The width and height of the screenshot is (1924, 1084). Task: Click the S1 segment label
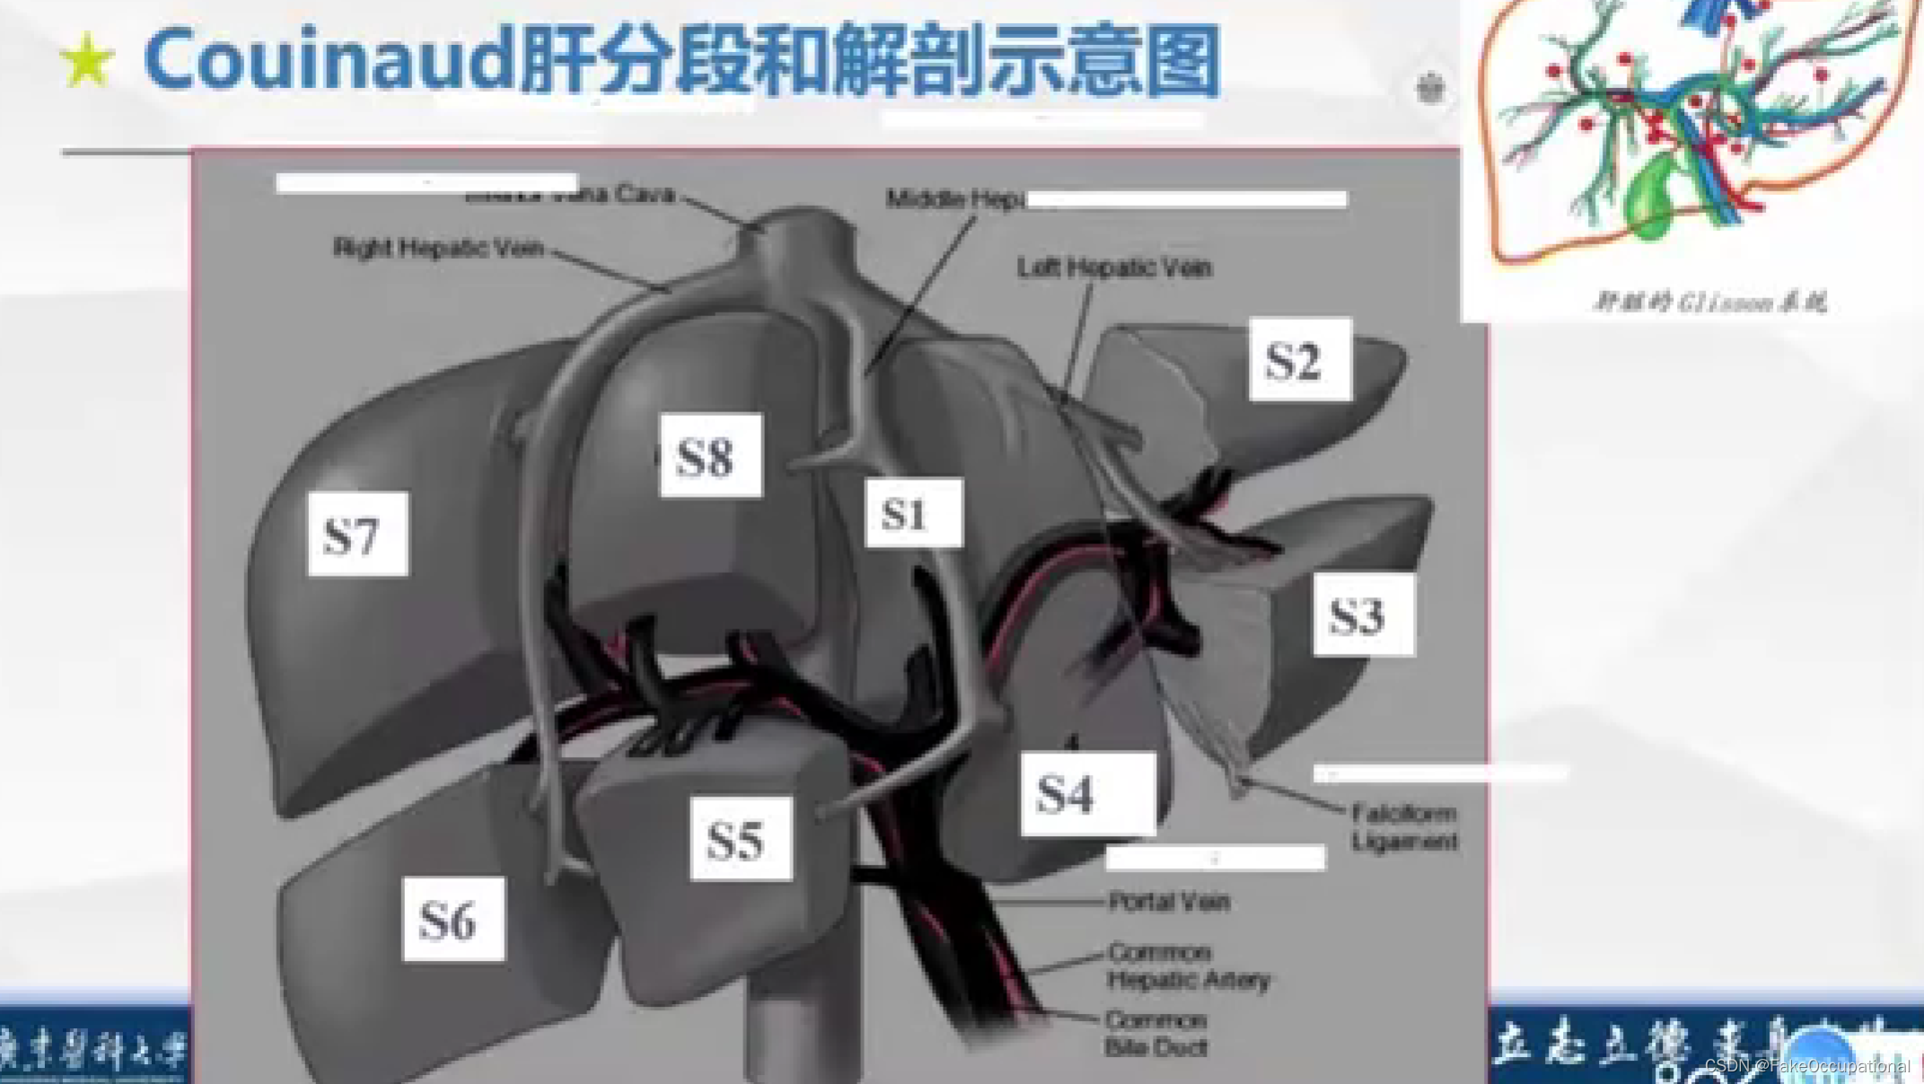[x=913, y=513]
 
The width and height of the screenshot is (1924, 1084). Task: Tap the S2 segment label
[x=1299, y=359]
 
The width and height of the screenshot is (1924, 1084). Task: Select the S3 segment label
[x=1363, y=615]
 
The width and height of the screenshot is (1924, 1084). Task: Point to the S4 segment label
[x=1087, y=794]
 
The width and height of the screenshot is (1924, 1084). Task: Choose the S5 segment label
[x=741, y=839]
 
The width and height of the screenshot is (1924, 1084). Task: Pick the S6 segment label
[x=453, y=920]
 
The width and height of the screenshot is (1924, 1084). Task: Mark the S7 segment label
[x=357, y=534]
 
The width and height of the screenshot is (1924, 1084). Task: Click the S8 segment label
[x=710, y=455]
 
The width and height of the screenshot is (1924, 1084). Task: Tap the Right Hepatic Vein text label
[x=438, y=248]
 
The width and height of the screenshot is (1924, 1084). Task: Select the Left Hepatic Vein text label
[x=1114, y=268]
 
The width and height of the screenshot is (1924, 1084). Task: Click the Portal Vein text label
[x=1169, y=901]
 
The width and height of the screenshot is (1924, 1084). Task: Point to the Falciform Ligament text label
[x=1404, y=827]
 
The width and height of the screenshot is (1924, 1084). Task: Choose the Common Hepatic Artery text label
[x=1188, y=965]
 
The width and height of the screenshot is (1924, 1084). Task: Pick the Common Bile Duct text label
[x=1156, y=1034]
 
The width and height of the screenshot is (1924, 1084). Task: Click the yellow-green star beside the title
[x=87, y=61]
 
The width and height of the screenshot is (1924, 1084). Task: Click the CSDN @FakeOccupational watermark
[x=1806, y=1066]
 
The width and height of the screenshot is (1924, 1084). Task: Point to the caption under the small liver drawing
[x=1709, y=302]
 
